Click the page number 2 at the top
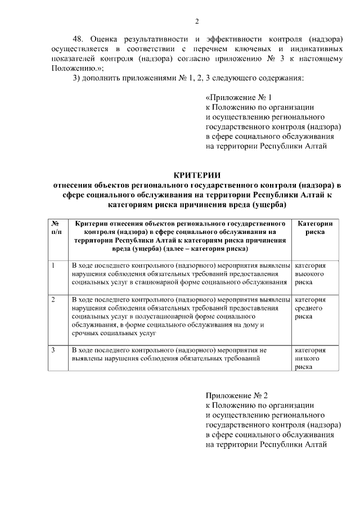(x=197, y=22)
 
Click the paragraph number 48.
(x=79, y=40)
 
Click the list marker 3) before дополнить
(x=78, y=78)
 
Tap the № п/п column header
(x=56, y=227)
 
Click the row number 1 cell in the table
(x=52, y=264)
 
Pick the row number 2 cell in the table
(x=52, y=300)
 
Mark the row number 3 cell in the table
(x=52, y=350)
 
